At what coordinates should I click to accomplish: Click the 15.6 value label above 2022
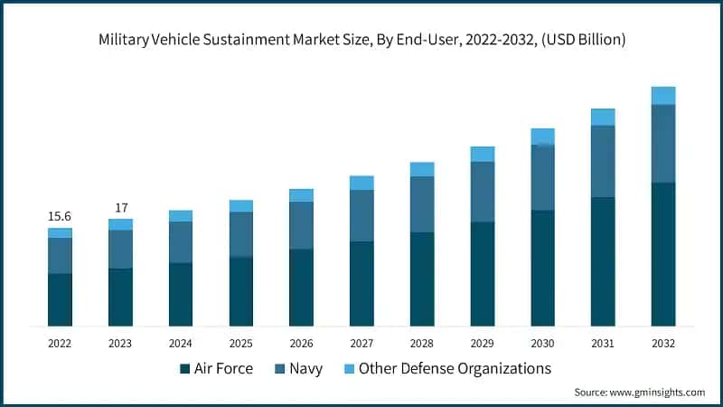coord(60,216)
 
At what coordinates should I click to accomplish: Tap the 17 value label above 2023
coord(120,208)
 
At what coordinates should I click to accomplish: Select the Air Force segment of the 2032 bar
coord(663,253)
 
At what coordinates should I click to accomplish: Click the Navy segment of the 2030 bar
coord(542,177)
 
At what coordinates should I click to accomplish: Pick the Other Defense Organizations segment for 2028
coord(422,169)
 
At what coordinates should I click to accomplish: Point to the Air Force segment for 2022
coord(60,298)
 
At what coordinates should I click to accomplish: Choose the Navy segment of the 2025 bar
coord(241,234)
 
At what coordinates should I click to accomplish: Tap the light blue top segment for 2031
coord(603,117)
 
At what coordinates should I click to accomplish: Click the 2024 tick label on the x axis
coord(181,344)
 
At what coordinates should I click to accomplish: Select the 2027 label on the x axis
coord(361,344)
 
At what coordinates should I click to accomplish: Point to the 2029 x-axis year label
coord(483,344)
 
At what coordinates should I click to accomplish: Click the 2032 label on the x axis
coord(663,344)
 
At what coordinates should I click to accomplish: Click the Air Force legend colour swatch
coord(185,369)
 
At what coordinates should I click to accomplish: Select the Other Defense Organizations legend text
coord(455,369)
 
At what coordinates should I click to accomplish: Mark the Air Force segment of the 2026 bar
coord(301,287)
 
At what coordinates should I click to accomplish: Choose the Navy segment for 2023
coord(120,249)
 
